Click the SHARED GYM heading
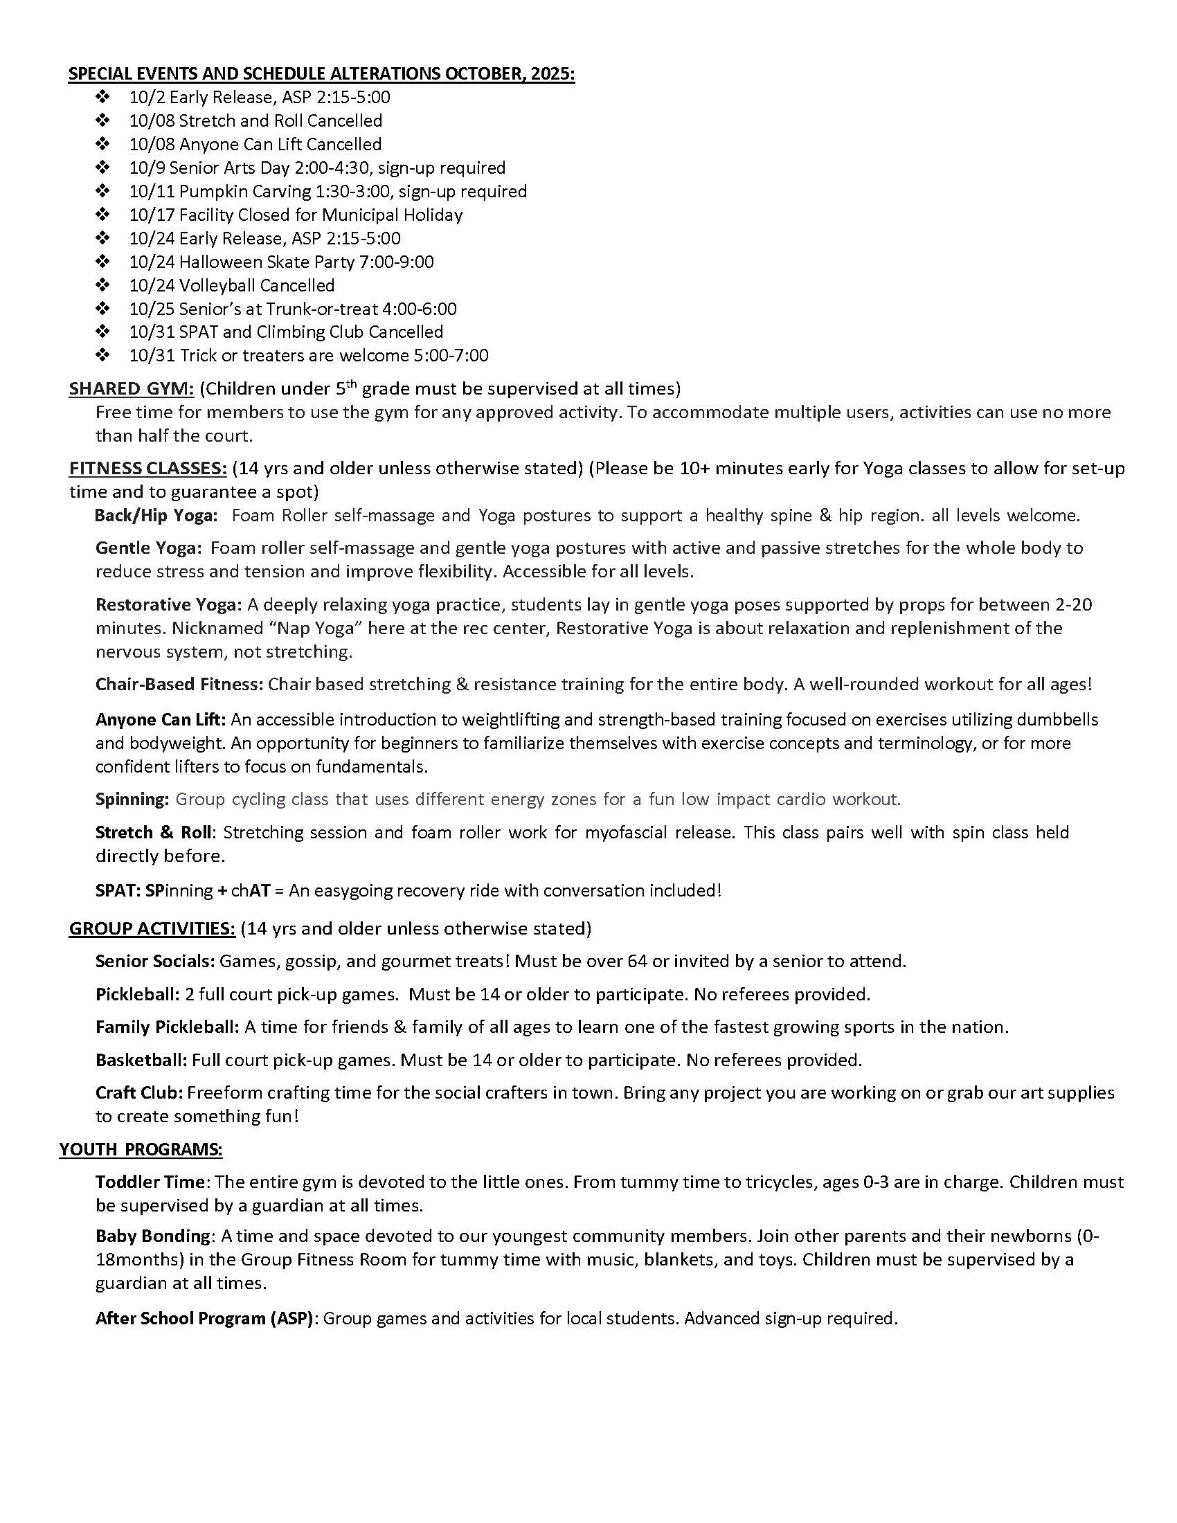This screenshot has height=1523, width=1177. tap(131, 388)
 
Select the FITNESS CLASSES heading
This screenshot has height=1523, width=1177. tap(148, 468)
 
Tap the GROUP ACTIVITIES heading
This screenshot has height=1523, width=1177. tap(152, 928)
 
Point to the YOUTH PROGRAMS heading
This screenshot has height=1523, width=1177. tap(141, 1149)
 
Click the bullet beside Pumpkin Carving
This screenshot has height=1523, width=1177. tap(102, 191)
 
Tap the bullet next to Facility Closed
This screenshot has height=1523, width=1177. tap(102, 215)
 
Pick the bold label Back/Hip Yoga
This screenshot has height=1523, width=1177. tap(156, 515)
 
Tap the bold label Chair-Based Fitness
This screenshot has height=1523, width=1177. tap(179, 684)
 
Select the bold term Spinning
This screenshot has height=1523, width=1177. tap(132, 799)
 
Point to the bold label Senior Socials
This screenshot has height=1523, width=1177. tap(155, 961)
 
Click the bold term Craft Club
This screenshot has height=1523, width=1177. tap(139, 1092)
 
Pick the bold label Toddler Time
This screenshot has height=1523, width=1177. tap(151, 1182)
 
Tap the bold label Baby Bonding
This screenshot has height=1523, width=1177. tap(153, 1236)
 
